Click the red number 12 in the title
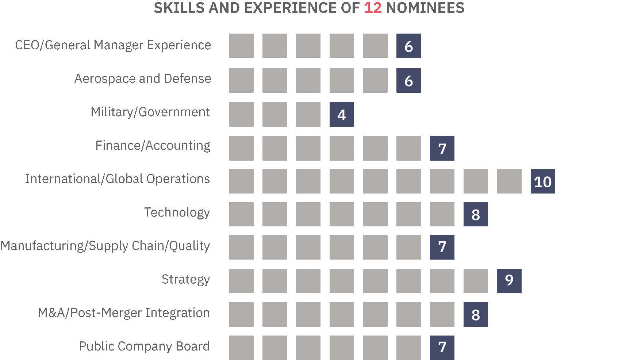point(373,8)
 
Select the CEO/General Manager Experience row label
point(113,45)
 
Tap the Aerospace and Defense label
point(143,79)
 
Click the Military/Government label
point(150,112)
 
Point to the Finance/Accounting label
point(153,146)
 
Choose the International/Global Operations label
point(118,179)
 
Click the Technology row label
point(177,212)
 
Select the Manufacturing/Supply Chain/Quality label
point(105,246)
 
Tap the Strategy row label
point(186,280)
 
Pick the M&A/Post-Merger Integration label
point(124,313)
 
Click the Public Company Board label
point(145,346)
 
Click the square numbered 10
point(543,181)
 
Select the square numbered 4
point(342,115)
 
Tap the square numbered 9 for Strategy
point(509,281)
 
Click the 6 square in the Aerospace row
point(408,80)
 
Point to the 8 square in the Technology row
point(476,214)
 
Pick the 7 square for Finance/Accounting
point(442,148)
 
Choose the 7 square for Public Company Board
point(442,347)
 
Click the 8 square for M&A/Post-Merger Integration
point(476,314)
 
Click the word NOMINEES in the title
point(425,8)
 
